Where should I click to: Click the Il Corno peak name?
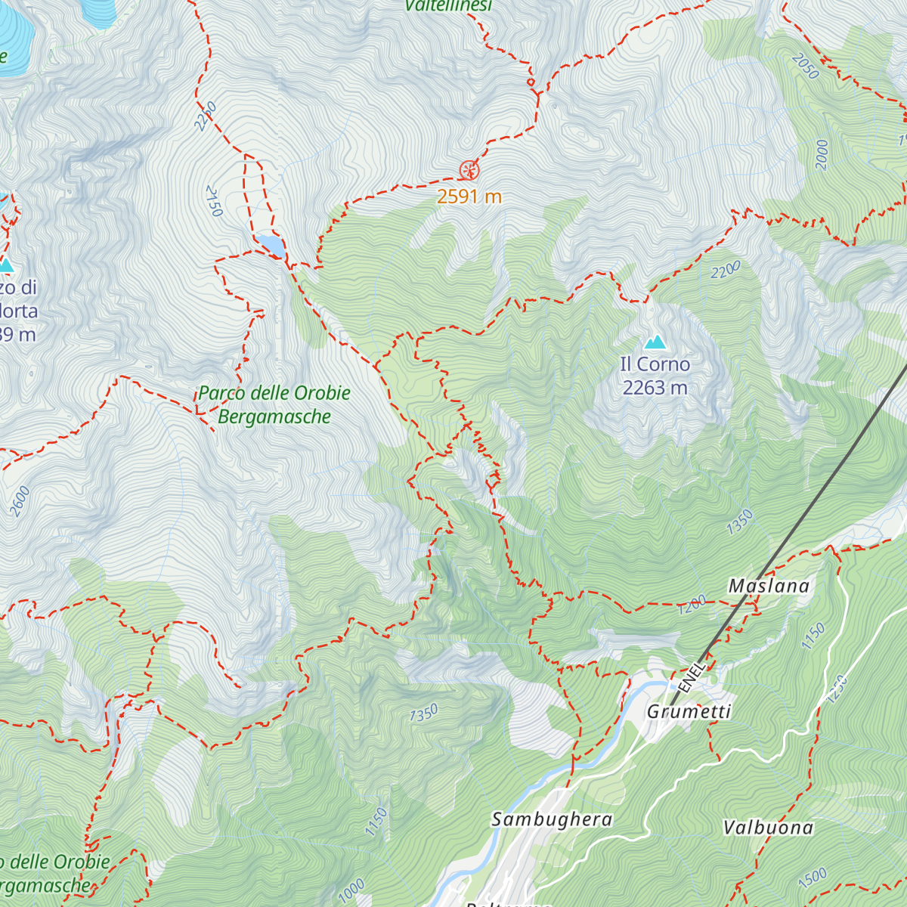655,364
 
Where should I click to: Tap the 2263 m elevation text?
655,388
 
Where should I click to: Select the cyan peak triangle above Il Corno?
655,342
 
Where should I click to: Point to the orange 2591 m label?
469,197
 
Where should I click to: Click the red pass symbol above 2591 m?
469,171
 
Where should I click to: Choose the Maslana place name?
768,586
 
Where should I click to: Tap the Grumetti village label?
689,711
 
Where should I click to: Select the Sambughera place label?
552,819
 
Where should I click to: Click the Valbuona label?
768,828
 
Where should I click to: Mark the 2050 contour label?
806,67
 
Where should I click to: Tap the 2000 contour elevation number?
822,154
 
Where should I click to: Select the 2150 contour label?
214,200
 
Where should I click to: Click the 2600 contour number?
20,501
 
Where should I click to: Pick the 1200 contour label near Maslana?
692,604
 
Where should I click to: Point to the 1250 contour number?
837,689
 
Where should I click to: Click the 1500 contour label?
813,878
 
